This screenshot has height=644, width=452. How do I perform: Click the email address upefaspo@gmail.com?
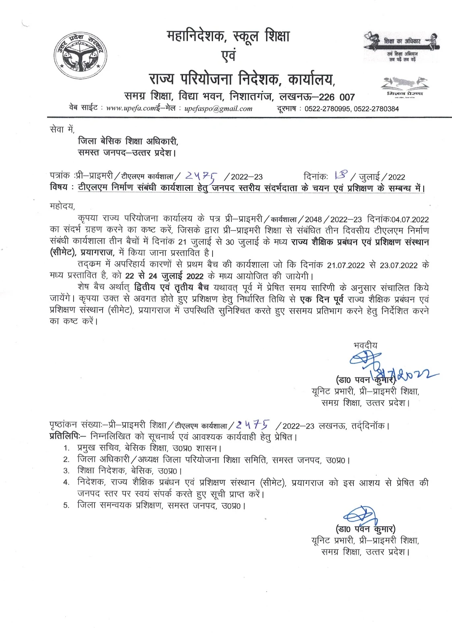click(218, 108)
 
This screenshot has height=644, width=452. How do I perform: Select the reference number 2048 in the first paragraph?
click(313, 219)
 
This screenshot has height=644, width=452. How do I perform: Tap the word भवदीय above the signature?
click(365, 345)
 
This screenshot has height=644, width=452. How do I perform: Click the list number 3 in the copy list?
click(66, 471)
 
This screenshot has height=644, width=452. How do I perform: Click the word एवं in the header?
click(228, 56)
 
